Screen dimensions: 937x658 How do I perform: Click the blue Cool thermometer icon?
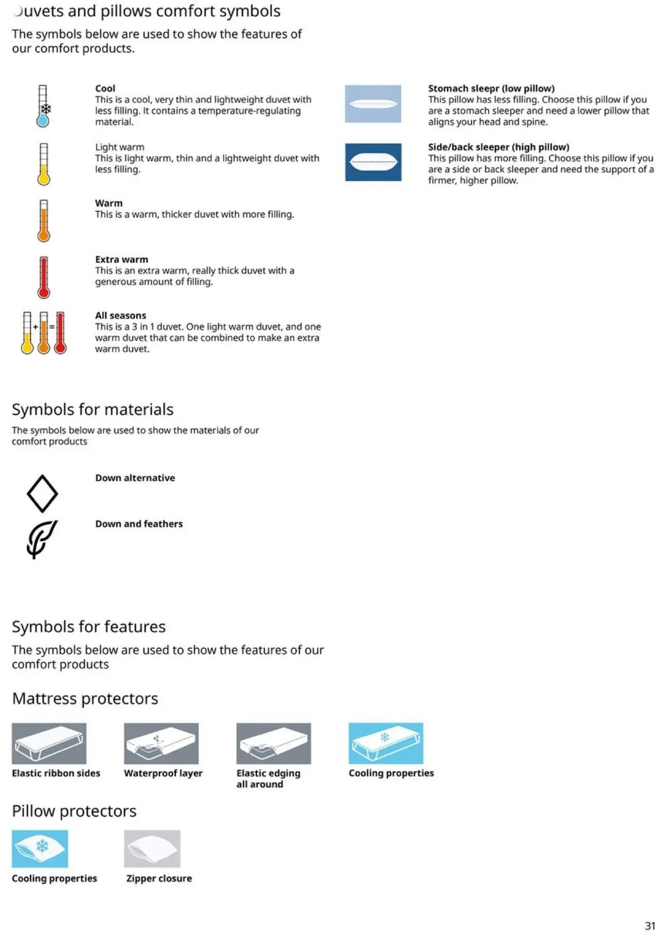[43, 106]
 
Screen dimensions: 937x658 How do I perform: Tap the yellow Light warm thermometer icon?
[44, 164]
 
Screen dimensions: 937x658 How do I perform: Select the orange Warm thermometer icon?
[44, 221]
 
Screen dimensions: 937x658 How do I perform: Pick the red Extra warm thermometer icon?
[44, 277]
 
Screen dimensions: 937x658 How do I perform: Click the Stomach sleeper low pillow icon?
[373, 104]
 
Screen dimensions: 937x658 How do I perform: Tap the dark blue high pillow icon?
[373, 162]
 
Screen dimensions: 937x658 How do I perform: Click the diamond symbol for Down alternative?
[42, 493]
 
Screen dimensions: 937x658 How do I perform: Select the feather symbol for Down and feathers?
[41, 539]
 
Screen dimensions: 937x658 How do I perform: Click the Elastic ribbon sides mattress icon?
[49, 743]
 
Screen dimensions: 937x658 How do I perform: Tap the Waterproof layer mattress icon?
[161, 743]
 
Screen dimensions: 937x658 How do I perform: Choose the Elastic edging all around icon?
[273, 743]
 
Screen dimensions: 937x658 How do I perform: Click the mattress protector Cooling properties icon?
[386, 743]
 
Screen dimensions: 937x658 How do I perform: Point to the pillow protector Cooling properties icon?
[40, 849]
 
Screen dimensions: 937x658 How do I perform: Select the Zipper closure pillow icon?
[152, 849]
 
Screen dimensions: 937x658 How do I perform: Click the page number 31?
[650, 926]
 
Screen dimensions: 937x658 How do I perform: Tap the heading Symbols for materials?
[93, 409]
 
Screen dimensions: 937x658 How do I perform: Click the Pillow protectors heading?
[74, 811]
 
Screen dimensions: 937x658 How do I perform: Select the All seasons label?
[120, 316]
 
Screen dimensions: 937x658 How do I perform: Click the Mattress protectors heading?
[85, 698]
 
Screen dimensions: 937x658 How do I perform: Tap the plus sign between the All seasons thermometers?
[35, 327]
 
